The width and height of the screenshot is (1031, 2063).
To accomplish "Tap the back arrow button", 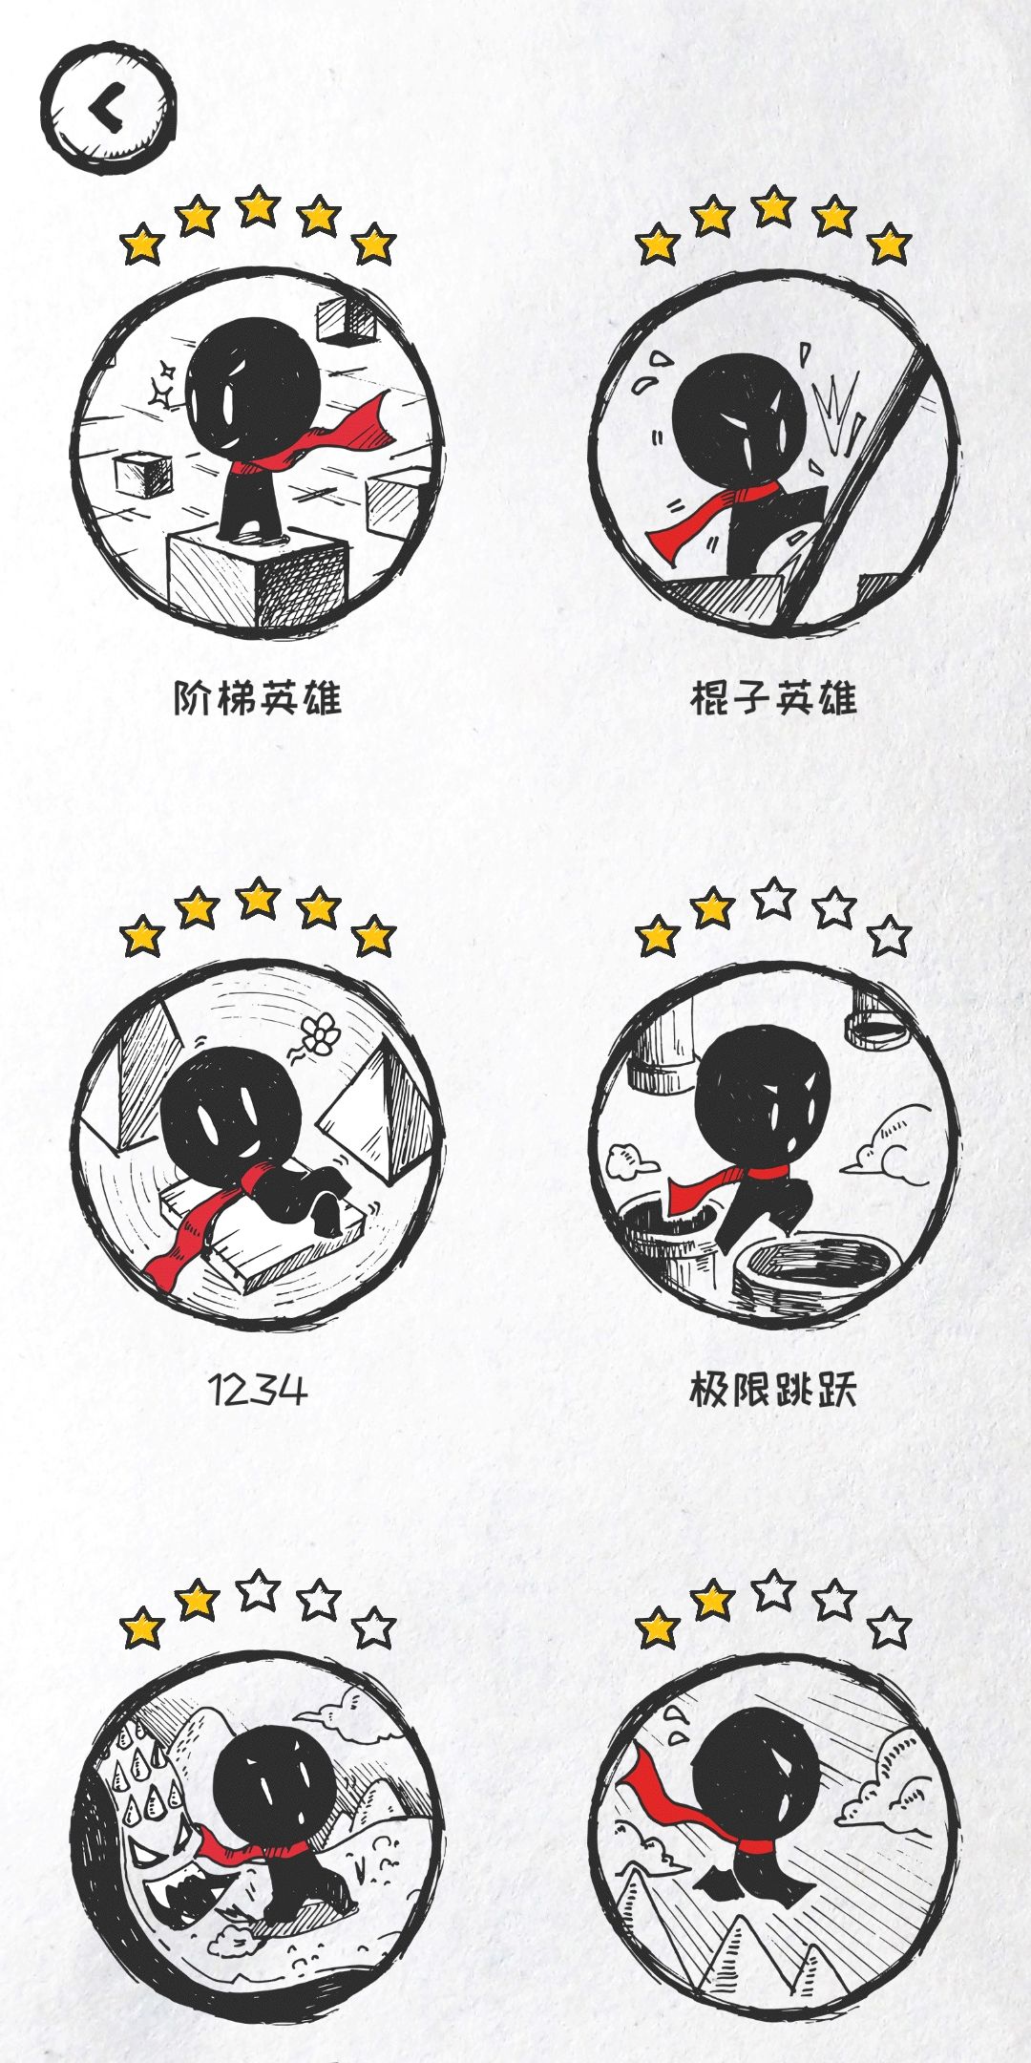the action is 109,107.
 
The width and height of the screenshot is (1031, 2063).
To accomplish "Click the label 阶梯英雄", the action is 258,698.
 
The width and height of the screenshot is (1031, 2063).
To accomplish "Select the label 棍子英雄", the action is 773,698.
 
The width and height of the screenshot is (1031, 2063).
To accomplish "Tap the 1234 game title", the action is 258,1390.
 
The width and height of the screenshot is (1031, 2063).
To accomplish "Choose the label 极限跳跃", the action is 773,1390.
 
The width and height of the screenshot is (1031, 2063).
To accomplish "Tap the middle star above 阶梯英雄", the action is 258,207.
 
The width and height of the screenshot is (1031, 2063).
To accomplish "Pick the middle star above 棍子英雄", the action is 773,207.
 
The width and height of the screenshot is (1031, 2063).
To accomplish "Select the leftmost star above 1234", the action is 142,936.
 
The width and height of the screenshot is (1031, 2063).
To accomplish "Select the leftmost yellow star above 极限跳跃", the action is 658,936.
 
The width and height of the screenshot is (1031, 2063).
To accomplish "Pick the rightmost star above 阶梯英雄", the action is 374,245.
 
